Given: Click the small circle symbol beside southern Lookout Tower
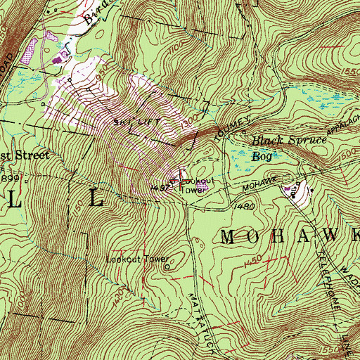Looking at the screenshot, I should tap(167, 266).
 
